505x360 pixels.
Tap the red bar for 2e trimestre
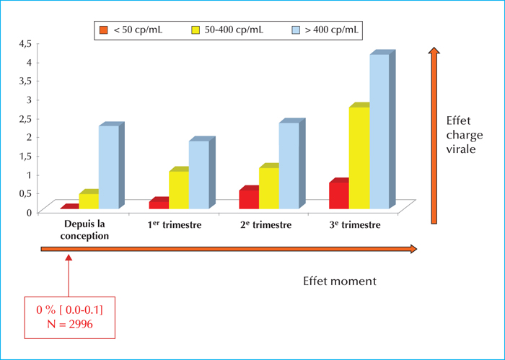click(249, 198)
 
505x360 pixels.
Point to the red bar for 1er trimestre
click(159, 203)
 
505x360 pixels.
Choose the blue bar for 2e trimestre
click(291, 164)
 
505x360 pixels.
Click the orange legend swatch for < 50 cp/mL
click(103, 30)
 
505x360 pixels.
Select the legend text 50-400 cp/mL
click(234, 30)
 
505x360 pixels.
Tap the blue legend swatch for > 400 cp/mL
click(296, 30)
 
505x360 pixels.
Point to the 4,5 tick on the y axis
click(25, 43)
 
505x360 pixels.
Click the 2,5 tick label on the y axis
click(25, 119)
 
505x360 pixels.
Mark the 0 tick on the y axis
click(29, 213)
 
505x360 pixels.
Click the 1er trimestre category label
click(175, 224)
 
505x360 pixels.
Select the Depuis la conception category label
click(84, 230)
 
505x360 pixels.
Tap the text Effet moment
click(340, 281)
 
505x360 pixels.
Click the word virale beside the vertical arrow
click(461, 149)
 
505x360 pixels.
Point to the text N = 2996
click(70, 324)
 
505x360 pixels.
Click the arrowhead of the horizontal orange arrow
click(413, 249)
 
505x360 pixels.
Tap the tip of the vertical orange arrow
click(434, 48)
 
